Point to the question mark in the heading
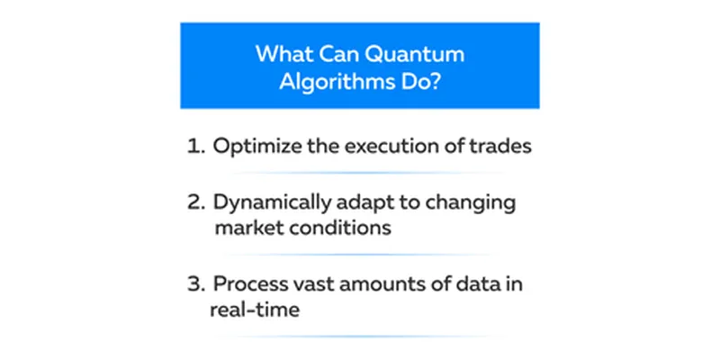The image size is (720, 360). (x=435, y=81)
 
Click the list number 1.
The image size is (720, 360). (x=194, y=147)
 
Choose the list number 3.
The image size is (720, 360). (x=195, y=284)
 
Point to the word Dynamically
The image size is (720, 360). (x=271, y=204)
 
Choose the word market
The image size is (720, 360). (x=246, y=228)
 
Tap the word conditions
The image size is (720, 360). (x=337, y=228)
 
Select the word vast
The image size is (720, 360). (x=312, y=284)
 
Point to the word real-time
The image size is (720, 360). (x=255, y=309)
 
